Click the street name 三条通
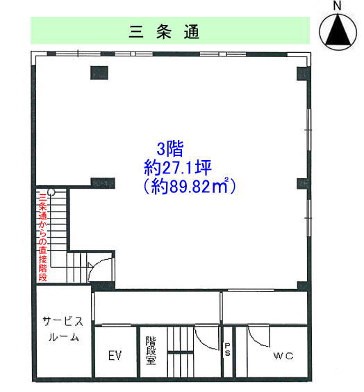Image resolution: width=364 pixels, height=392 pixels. click(164, 32)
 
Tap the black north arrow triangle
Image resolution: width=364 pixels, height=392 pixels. click(338, 31)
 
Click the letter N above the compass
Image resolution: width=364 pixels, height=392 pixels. click(338, 6)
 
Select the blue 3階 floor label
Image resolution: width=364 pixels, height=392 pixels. click(170, 148)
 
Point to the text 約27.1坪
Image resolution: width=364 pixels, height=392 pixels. click(178, 167)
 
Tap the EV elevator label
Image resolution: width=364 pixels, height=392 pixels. click(115, 355)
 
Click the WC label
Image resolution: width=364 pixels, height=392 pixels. click(283, 356)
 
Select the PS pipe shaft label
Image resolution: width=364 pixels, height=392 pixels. click(227, 350)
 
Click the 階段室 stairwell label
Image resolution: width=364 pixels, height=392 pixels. click(151, 350)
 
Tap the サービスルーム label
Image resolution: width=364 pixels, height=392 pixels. click(63, 329)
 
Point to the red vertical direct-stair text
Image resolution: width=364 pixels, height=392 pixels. click(42, 237)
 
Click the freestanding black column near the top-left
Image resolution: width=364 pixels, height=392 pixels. click(99, 72)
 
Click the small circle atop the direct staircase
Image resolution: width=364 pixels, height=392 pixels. click(51, 191)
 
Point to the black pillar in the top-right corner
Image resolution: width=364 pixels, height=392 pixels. click(304, 74)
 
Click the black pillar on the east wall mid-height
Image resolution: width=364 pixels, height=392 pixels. click(304, 184)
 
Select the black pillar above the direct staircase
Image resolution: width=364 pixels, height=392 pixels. click(103, 183)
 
